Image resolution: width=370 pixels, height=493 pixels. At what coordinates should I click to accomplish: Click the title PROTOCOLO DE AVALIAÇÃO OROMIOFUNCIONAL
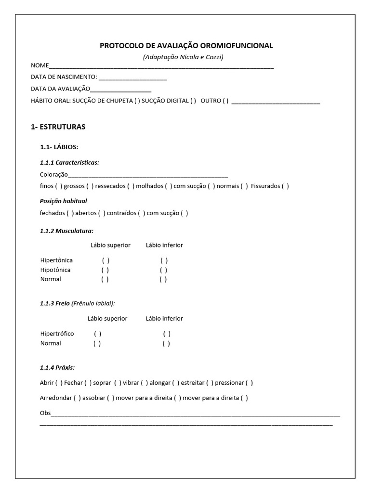[x=186, y=46]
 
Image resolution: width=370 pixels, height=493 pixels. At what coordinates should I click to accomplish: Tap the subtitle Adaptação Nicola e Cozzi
[x=183, y=57]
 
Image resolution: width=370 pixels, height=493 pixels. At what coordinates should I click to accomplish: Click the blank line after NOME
[x=161, y=66]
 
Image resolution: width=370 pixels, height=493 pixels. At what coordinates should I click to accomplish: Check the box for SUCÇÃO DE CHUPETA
[x=137, y=101]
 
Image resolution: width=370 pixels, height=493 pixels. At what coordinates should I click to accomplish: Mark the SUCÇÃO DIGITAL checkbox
[x=193, y=101]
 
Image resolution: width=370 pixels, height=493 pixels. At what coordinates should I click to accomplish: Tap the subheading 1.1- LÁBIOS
[x=59, y=147]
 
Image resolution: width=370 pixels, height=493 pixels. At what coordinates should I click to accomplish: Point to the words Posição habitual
[x=63, y=201]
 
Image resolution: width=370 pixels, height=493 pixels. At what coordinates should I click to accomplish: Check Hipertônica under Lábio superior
[x=106, y=260]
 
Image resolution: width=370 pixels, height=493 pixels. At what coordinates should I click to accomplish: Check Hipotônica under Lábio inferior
[x=164, y=270]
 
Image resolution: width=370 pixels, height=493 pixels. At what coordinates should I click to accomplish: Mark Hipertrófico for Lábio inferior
[x=167, y=334]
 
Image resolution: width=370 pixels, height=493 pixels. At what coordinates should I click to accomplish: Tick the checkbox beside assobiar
[x=111, y=398]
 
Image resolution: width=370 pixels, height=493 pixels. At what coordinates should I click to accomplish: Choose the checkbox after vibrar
[x=145, y=383]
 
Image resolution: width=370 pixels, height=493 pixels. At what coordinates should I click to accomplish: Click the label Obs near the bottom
[x=45, y=413]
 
